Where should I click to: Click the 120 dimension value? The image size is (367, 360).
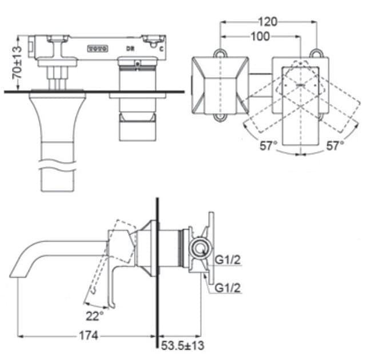click(x=268, y=22)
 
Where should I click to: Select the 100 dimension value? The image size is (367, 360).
click(x=260, y=36)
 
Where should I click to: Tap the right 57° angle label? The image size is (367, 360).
click(x=334, y=146)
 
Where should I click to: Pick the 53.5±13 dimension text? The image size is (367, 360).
click(x=182, y=345)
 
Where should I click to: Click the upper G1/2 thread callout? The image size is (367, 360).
click(x=227, y=259)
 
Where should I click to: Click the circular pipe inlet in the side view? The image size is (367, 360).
click(x=198, y=248)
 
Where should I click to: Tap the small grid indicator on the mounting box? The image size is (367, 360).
click(x=97, y=49)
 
